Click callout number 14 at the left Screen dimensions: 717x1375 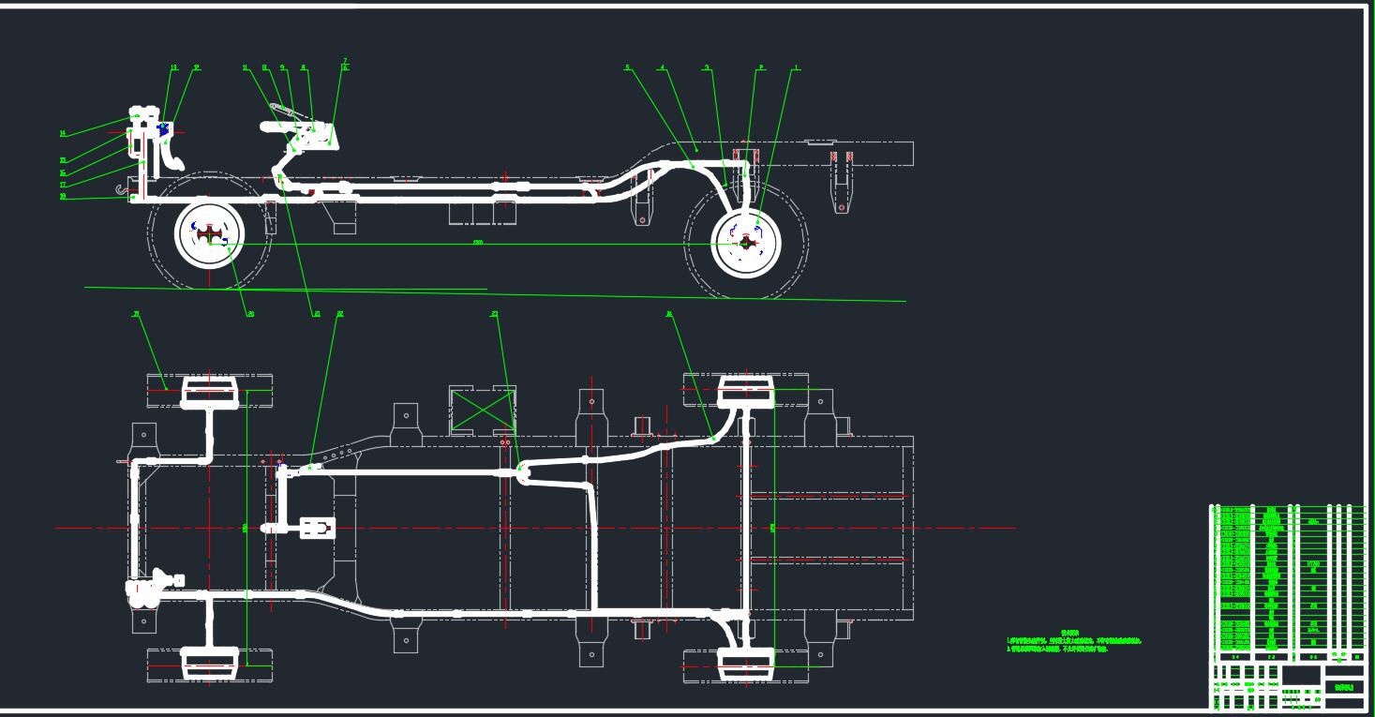(x=63, y=134)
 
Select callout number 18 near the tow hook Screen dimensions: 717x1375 (x=63, y=197)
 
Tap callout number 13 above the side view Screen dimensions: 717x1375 (x=173, y=67)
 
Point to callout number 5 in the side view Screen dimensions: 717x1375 (x=627, y=67)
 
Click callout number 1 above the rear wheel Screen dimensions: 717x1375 (x=797, y=67)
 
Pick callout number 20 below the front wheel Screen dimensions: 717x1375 (x=251, y=314)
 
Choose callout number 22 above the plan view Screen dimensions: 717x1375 (x=340, y=314)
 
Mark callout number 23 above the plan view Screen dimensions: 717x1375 (x=494, y=314)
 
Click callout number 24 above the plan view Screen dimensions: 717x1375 (x=669, y=314)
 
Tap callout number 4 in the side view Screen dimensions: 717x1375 (x=662, y=67)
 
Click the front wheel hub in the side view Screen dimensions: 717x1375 (x=210, y=235)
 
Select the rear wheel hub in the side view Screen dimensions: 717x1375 (x=746, y=243)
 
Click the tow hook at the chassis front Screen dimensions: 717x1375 (x=122, y=191)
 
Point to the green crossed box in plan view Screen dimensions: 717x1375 (x=483, y=411)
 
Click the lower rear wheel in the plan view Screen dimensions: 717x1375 (x=746, y=665)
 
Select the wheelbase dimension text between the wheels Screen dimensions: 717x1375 (x=478, y=243)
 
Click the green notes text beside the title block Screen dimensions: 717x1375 (x=1073, y=643)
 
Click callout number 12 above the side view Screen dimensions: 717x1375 (x=197, y=67)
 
